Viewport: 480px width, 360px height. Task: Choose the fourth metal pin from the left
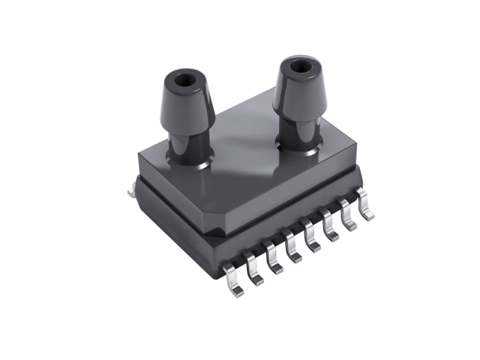tap(295, 253)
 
